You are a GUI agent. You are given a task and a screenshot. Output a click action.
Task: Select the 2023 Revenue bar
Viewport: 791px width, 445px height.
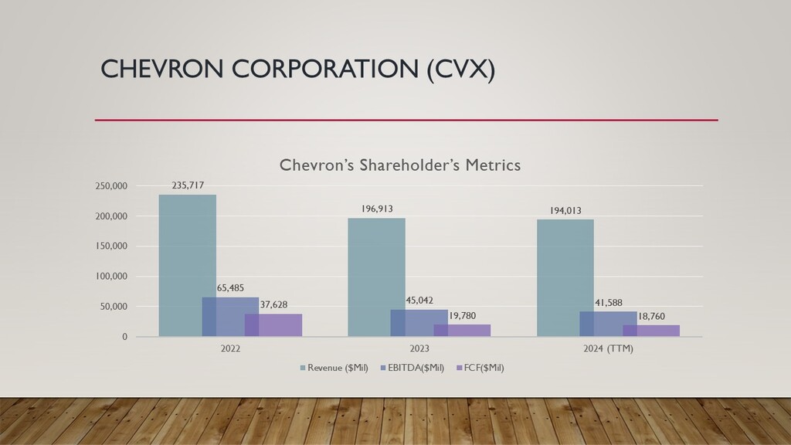point(376,263)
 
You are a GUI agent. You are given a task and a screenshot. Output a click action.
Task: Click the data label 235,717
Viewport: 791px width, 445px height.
point(187,185)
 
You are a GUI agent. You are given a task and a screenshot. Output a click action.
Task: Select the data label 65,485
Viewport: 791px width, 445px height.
point(230,288)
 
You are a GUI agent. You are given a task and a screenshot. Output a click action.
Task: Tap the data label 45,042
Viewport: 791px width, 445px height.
point(419,300)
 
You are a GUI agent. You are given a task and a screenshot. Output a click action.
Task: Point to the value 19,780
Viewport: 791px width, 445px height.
point(462,315)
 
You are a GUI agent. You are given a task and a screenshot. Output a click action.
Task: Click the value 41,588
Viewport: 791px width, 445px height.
point(608,302)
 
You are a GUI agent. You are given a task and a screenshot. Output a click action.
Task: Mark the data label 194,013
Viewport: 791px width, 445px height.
point(565,210)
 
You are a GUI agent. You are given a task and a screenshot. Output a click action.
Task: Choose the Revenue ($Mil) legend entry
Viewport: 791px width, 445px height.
point(334,368)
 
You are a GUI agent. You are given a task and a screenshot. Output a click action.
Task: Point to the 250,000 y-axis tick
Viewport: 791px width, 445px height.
point(111,186)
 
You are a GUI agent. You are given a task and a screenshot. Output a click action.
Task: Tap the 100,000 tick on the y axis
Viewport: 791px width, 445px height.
point(111,277)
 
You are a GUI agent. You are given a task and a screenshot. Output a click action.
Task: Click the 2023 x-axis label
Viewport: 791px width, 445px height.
point(419,348)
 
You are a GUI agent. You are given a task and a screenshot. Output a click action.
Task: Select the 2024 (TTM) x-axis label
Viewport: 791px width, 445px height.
point(608,348)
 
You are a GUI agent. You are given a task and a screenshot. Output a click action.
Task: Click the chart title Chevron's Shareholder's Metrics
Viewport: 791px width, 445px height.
point(399,165)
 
